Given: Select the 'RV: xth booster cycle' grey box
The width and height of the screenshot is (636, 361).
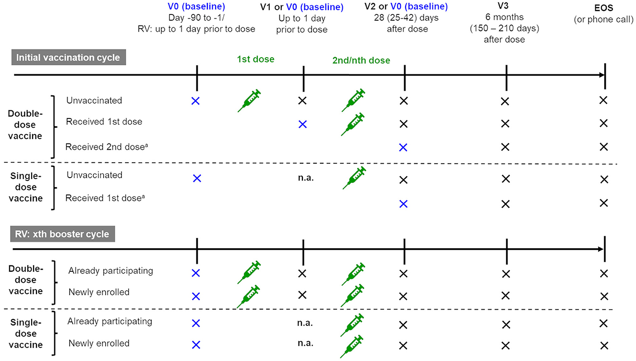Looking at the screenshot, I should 63,234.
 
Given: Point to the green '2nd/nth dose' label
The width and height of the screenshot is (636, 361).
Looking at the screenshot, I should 361,61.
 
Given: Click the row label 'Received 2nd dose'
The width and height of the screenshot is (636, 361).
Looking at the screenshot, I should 103,146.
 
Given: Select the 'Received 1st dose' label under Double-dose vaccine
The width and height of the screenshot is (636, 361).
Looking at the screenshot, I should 104,122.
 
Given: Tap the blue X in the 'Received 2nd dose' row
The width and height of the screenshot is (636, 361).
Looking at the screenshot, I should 403,147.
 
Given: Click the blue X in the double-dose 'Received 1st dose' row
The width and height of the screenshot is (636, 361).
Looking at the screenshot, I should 302,124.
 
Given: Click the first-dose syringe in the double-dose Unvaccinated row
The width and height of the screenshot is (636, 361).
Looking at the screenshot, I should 250,100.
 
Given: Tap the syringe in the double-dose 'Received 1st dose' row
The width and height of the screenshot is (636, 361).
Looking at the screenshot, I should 353,125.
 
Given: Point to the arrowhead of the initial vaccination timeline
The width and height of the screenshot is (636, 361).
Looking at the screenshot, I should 600,75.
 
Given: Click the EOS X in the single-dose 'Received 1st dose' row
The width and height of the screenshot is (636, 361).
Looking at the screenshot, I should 604,204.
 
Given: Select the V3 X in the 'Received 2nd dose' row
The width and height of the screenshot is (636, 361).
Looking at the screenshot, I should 505,147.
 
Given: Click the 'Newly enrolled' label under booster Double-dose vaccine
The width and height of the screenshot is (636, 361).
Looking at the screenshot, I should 99,292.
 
